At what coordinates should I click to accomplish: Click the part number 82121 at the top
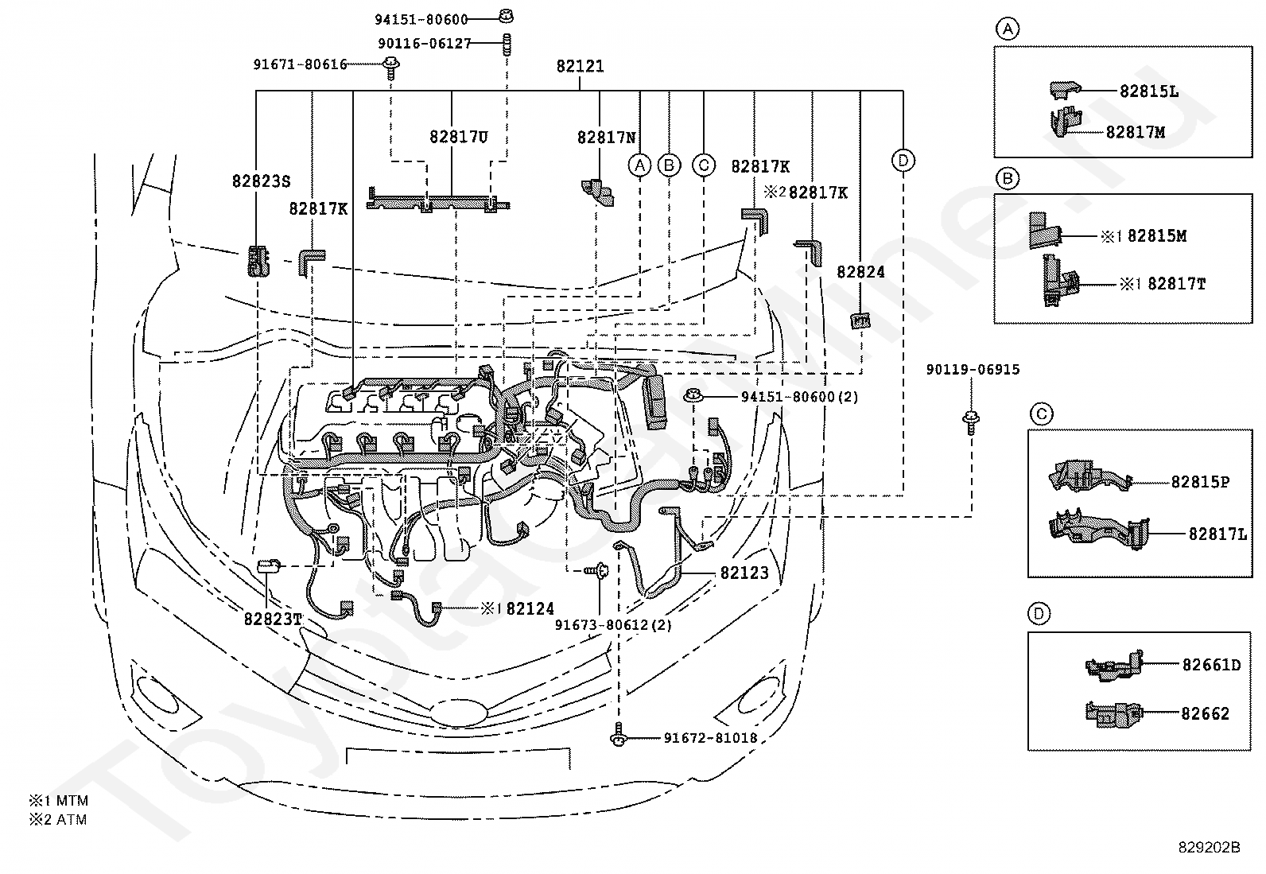coord(580,66)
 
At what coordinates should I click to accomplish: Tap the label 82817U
coord(458,137)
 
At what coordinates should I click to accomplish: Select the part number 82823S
coord(261,181)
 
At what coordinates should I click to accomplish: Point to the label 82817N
coord(607,138)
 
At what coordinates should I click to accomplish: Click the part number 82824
coord(860,272)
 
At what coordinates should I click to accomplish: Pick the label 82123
coord(744,573)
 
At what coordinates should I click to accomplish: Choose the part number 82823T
coord(273,619)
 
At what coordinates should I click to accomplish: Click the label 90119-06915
coord(973,369)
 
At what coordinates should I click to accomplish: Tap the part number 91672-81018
coord(710,738)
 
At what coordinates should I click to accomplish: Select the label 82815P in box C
coord(1200,482)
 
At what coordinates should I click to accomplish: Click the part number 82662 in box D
coord(1205,713)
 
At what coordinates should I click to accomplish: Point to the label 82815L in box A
coord(1149,91)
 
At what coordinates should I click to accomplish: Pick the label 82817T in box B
coord(1176,283)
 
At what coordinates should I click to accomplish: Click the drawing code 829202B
coord(1209,847)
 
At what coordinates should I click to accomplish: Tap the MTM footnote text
coord(72,801)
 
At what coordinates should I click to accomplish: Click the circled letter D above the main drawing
coord(903,161)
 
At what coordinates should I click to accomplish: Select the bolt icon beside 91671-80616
coord(390,67)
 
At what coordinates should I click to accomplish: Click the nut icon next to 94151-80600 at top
coord(506,16)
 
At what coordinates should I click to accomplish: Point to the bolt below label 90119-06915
coord(971,422)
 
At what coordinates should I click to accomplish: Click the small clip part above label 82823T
coord(268,566)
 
